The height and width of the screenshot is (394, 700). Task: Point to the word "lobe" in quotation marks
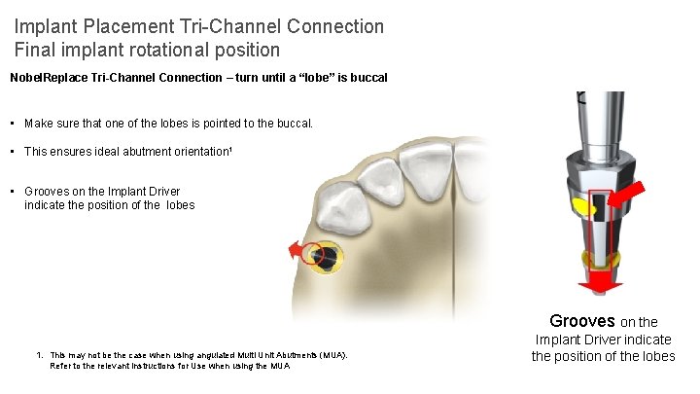click(317, 77)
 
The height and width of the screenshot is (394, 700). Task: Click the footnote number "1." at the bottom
click(39, 355)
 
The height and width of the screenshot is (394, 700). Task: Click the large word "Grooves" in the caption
click(582, 320)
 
